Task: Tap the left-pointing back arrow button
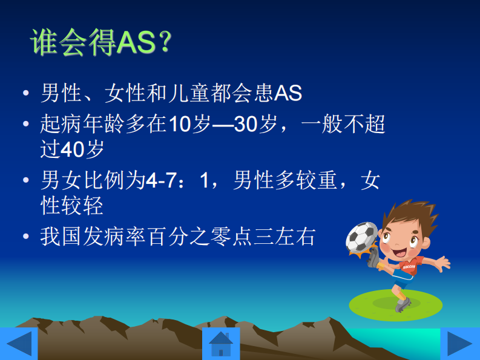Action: (x=18, y=344)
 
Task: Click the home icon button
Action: (x=220, y=344)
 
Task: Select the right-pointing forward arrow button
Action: (x=459, y=344)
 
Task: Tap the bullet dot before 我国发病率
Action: (x=25, y=236)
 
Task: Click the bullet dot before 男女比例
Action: (x=25, y=180)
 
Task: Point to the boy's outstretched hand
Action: (x=445, y=263)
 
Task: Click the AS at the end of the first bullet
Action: (x=288, y=93)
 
